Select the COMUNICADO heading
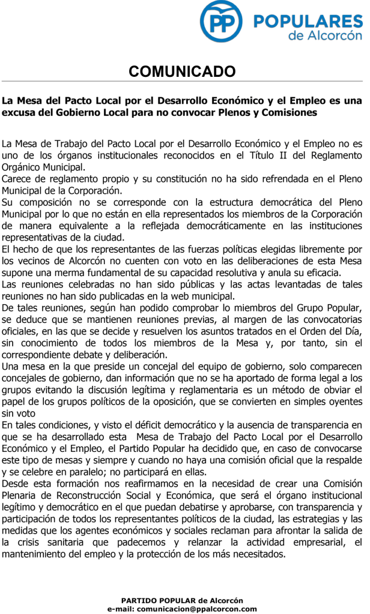click(183, 73)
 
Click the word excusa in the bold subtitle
click(19, 112)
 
